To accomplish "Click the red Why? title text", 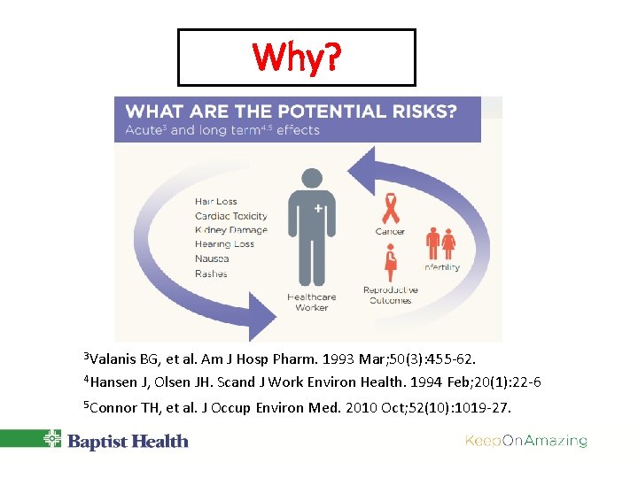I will tap(296, 58).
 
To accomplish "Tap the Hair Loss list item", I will tap(216, 202).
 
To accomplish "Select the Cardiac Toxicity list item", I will tap(231, 216).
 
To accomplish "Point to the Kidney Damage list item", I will tap(230, 230).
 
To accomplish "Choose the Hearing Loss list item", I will tap(224, 244).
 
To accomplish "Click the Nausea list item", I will tap(212, 258).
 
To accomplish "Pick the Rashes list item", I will tap(211, 274).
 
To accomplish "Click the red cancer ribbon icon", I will tap(390, 209).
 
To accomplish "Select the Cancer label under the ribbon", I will tap(390, 232).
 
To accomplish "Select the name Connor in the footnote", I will tap(113, 408).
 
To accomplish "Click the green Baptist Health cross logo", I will tap(52, 440).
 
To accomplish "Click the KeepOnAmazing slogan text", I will tap(525, 441).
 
